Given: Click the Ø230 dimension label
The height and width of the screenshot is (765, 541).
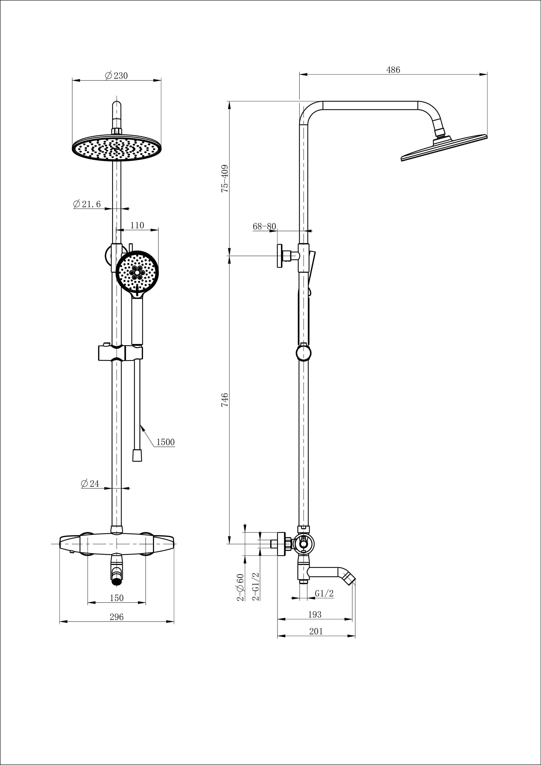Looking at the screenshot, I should click(x=116, y=76).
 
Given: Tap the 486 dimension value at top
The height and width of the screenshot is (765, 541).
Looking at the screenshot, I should click(x=393, y=70).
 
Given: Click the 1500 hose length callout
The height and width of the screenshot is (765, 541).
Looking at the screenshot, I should click(x=165, y=442).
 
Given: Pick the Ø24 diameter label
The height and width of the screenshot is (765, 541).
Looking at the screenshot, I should click(x=90, y=483).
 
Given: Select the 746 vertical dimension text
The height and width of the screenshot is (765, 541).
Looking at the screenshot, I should click(x=225, y=400).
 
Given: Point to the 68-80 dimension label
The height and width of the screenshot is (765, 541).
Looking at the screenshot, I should click(x=264, y=227).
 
